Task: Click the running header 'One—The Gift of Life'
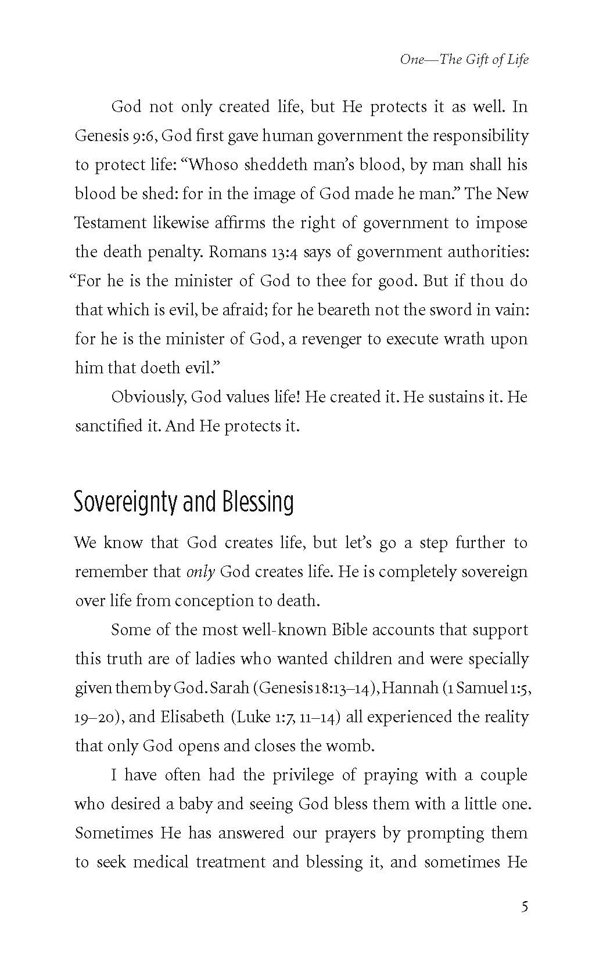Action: (464, 59)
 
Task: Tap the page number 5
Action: (525, 907)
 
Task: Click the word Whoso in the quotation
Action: (213, 165)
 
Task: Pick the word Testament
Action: (110, 223)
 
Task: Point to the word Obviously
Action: (148, 397)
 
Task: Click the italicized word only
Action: (201, 572)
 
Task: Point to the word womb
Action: (353, 746)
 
